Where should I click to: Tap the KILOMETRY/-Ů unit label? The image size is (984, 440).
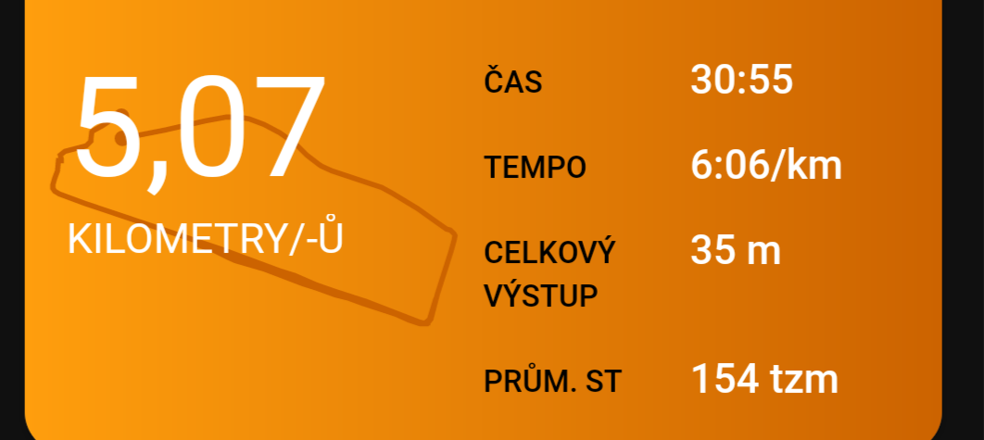pyautogui.click(x=205, y=238)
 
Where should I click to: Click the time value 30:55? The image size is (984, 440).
pyautogui.click(x=742, y=80)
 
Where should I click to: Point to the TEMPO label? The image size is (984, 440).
pyautogui.click(x=536, y=167)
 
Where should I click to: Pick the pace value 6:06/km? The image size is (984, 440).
pyautogui.click(x=766, y=165)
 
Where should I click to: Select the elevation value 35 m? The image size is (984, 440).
pyautogui.click(x=736, y=250)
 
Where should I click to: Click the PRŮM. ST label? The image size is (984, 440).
pyautogui.click(x=553, y=380)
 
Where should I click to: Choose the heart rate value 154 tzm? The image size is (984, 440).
pyautogui.click(x=765, y=379)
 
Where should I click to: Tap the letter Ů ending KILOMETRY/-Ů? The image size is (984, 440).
pyautogui.click(x=331, y=235)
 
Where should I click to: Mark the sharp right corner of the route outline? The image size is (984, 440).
pyautogui.click(x=453, y=233)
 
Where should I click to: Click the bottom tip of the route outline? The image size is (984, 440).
pyautogui.click(x=425, y=323)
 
